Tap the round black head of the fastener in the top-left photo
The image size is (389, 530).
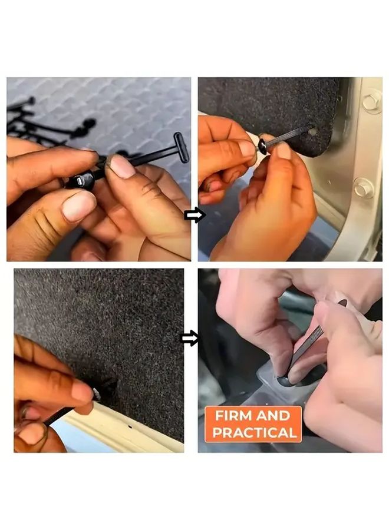click(x=79, y=181)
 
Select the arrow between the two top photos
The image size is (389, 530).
click(x=194, y=215)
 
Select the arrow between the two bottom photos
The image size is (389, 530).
click(x=190, y=338)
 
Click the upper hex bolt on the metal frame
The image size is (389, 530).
click(x=371, y=101)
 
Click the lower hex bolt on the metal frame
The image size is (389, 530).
click(x=363, y=188)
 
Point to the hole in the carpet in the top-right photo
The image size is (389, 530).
click(x=312, y=131)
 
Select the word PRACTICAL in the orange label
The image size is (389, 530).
click(x=254, y=433)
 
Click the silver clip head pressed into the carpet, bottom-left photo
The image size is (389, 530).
click(x=95, y=393)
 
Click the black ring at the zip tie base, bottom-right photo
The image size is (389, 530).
click(x=285, y=382)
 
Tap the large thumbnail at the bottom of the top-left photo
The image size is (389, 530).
click(x=78, y=206)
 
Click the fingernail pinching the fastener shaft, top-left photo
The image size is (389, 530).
click(x=122, y=166)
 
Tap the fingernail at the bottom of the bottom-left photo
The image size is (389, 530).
click(x=32, y=433)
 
